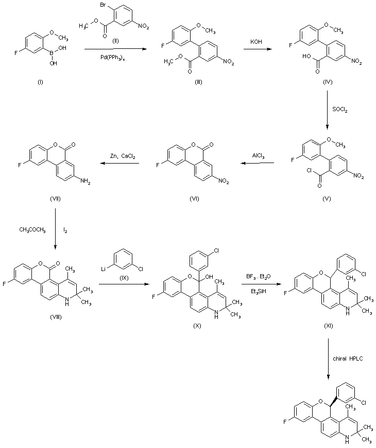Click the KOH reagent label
pos(256,42)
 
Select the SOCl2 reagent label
pos(340,110)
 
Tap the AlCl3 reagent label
pos(258,156)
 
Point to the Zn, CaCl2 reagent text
pos(123,156)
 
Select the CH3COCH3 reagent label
pos(32,230)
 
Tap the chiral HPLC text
pos(348,359)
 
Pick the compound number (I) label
pos(40,82)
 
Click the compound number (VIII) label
pos(56,317)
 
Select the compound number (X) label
pos(197,326)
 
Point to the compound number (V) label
pos(327,199)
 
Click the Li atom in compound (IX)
pos(104,269)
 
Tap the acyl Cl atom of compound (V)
pos(309,171)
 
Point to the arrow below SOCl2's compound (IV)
pos(328,111)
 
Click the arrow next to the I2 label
pos(55,229)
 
